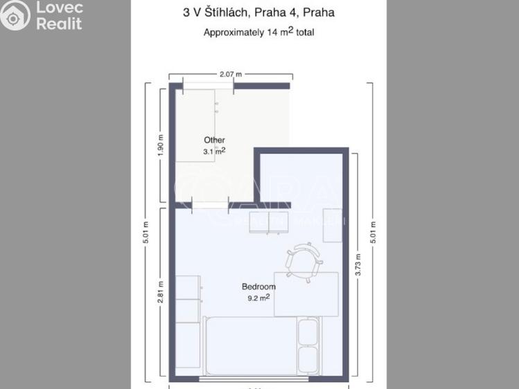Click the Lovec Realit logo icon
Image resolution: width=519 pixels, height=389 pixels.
click(15, 15)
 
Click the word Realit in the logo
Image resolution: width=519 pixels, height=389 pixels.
click(59, 24)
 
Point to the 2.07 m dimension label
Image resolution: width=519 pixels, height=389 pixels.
click(231, 73)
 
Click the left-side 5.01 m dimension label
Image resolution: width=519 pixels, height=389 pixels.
click(146, 234)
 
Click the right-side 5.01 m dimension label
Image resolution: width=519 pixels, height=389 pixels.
click(373, 234)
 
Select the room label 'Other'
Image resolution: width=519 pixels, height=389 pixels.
click(214, 140)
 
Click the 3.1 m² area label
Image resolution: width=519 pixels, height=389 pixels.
click(214, 150)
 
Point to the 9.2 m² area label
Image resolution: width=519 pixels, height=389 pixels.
click(258, 298)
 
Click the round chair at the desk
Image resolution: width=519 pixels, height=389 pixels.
click(303, 260)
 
